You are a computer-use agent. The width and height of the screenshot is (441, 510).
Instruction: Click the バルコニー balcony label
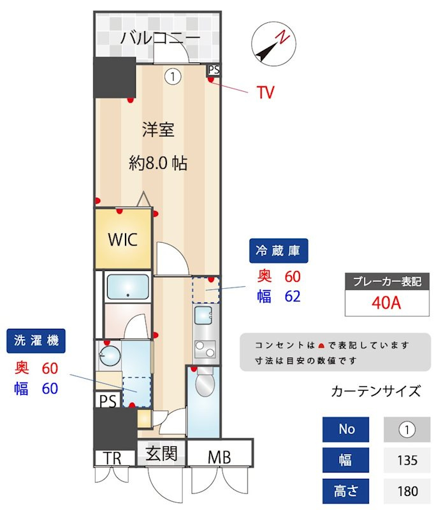click(161, 38)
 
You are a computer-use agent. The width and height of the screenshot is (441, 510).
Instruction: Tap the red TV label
click(266, 93)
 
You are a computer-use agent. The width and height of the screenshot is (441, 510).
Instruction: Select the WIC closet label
click(122, 240)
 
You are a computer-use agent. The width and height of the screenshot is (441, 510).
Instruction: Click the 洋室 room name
click(158, 130)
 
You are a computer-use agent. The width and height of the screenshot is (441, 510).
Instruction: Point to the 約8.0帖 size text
click(158, 163)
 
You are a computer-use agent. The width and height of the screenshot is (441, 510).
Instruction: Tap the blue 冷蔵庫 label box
click(278, 250)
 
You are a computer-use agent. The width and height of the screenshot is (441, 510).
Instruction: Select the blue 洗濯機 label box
click(36, 341)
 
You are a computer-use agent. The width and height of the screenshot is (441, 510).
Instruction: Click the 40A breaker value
click(386, 302)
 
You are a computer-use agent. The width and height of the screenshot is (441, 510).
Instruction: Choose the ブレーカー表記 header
click(386, 282)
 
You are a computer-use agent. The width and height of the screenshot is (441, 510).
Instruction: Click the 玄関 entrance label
click(162, 455)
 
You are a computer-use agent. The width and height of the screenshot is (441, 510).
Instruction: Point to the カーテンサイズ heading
click(376, 391)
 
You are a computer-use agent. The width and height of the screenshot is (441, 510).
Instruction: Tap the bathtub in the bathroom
click(128, 287)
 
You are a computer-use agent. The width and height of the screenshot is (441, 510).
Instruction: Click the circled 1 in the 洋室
click(173, 76)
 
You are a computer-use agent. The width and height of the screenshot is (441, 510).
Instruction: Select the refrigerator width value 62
click(292, 296)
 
